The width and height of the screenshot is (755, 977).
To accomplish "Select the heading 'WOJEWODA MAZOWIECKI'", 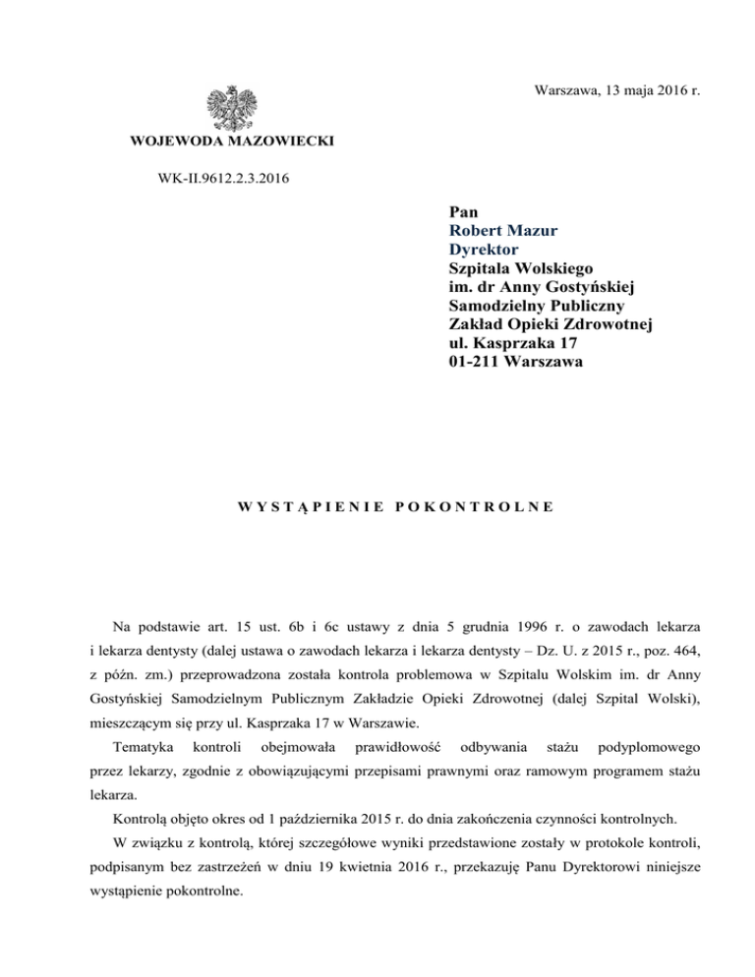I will (x=232, y=143).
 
